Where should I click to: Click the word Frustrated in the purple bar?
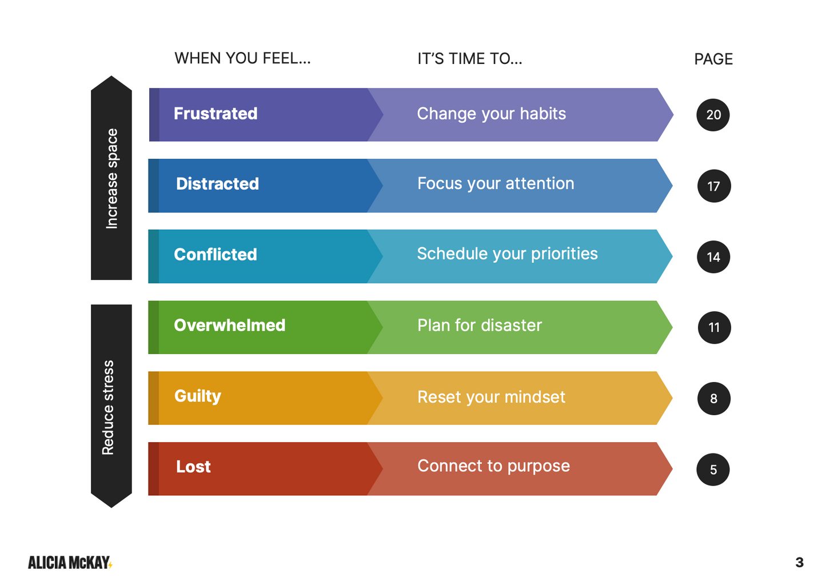click(216, 114)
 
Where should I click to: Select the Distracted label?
click(218, 183)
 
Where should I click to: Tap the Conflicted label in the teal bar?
click(216, 254)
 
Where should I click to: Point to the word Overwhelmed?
click(229, 325)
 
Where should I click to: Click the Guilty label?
click(198, 396)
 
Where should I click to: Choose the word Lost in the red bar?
click(193, 467)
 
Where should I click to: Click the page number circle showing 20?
click(713, 115)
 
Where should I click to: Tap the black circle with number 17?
click(714, 186)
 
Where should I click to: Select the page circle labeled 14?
click(713, 257)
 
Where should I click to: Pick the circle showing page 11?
click(715, 328)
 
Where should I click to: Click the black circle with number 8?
click(714, 399)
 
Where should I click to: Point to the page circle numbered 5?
click(713, 469)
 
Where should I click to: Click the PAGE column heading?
click(713, 59)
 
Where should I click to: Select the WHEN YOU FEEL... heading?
click(242, 58)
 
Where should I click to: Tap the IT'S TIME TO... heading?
click(470, 59)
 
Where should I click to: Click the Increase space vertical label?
click(111, 179)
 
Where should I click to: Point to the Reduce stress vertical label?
click(108, 408)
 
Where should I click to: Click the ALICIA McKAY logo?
click(70, 563)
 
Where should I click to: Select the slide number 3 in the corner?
click(800, 563)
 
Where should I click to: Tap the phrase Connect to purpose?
click(493, 466)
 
